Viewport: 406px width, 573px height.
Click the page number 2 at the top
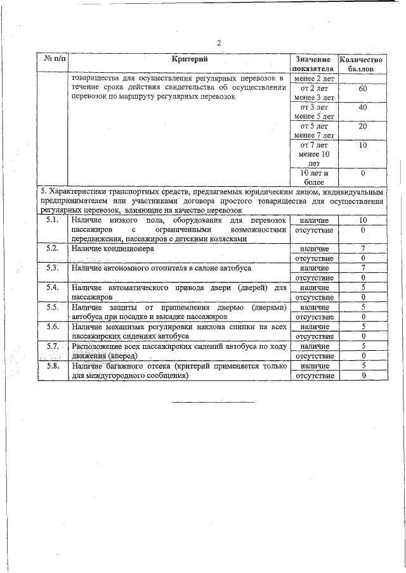tap(218, 43)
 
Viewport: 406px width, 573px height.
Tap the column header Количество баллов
tap(362, 63)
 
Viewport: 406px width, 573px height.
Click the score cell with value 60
tap(362, 89)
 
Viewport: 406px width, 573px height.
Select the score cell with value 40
tap(362, 108)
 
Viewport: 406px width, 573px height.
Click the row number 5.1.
tap(53, 220)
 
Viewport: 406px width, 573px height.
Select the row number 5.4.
tap(53, 287)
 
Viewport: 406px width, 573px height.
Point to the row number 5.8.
tap(53, 365)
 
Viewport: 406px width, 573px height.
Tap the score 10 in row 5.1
tap(363, 220)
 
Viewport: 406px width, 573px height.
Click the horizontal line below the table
tap(213, 401)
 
